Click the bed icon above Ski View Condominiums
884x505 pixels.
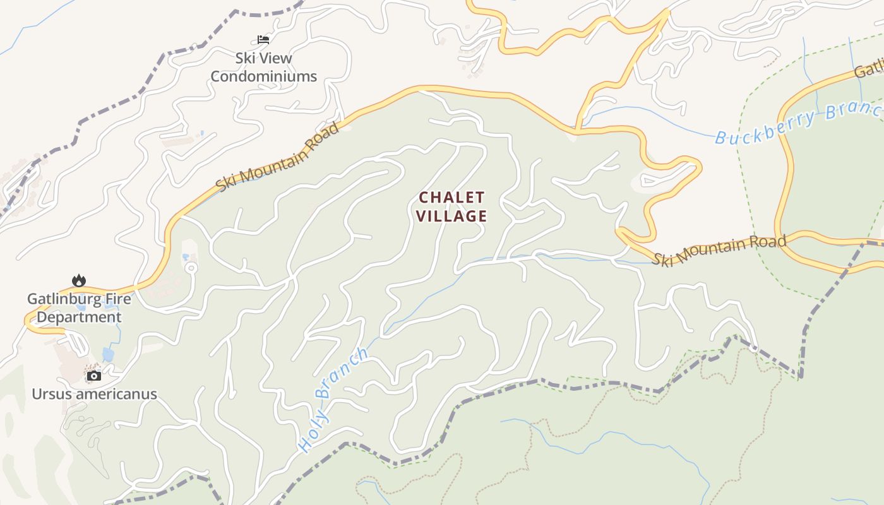point(263,40)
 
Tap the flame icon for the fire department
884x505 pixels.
point(79,280)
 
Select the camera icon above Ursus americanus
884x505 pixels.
point(94,376)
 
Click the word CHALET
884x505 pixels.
point(451,198)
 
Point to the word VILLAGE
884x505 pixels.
point(451,216)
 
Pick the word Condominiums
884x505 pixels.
point(263,76)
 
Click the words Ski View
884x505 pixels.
point(263,58)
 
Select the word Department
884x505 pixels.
point(79,317)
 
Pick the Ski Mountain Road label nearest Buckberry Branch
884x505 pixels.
point(720,251)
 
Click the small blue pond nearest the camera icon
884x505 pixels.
point(108,355)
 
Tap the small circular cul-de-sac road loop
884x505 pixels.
point(191,268)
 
